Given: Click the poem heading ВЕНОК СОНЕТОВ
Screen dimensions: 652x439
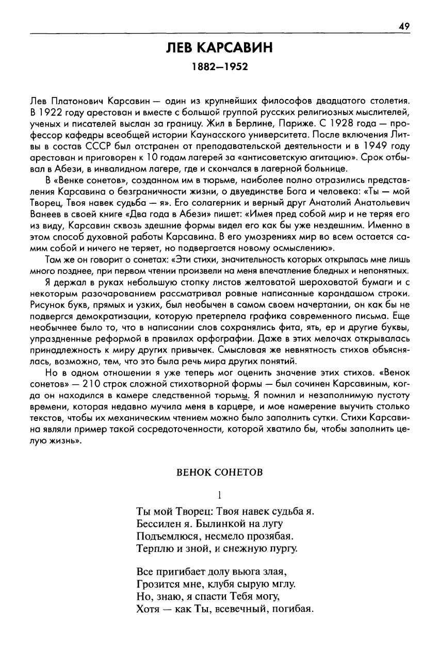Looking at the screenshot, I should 219,472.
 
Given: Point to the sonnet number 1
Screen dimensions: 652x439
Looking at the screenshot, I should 219,495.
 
